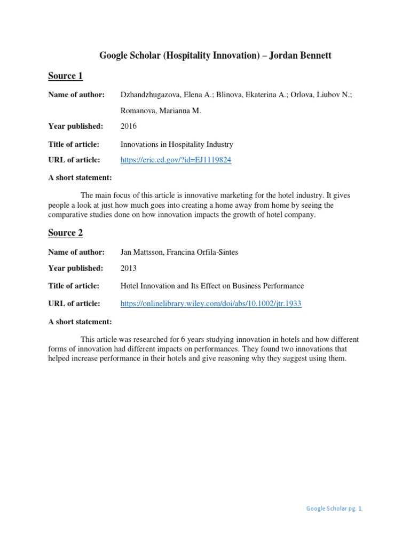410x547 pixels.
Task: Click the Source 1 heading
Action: pyautogui.click(x=65, y=76)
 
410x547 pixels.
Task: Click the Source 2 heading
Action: pyautogui.click(x=65, y=233)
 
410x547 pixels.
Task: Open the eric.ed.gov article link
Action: pyautogui.click(x=176, y=160)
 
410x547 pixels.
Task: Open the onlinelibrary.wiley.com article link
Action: pyautogui.click(x=211, y=303)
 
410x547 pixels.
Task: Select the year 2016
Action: pyautogui.click(x=129, y=127)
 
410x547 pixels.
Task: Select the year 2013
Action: pyautogui.click(x=129, y=268)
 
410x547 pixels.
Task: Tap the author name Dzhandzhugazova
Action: pyautogui.click(x=150, y=95)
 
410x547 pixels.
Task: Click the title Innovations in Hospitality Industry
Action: pyautogui.click(x=177, y=144)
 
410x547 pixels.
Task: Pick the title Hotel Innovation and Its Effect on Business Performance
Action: pyautogui.click(x=212, y=286)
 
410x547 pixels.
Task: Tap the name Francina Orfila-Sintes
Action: pyautogui.click(x=204, y=252)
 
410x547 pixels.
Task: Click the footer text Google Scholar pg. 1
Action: pyautogui.click(x=334, y=509)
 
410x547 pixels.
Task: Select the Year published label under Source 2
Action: pyautogui.click(x=75, y=268)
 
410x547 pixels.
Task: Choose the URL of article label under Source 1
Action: pyautogui.click(x=74, y=160)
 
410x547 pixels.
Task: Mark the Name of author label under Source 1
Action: pyautogui.click(x=76, y=95)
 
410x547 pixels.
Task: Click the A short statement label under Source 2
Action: pyautogui.click(x=80, y=322)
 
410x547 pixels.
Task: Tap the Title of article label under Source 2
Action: pyautogui.click(x=74, y=286)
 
